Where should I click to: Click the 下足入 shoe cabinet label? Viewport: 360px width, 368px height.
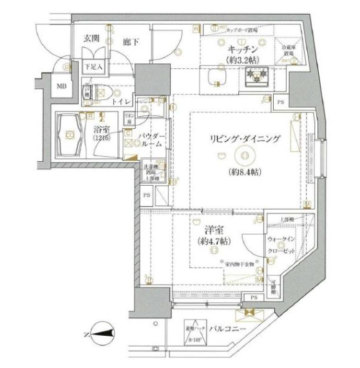point(93,65)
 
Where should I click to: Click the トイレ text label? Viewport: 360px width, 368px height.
point(122,102)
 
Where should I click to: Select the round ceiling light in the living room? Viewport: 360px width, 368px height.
point(243,154)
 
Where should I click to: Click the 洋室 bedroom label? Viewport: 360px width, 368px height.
point(204,229)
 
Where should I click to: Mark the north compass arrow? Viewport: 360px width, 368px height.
point(103,333)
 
